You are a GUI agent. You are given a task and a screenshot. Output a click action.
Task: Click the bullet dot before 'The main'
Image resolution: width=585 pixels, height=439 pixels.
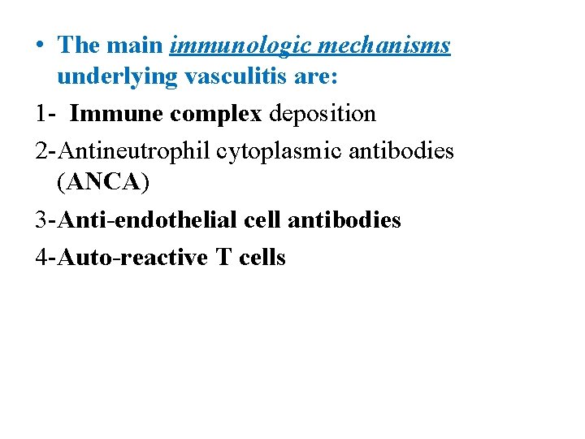[40, 44]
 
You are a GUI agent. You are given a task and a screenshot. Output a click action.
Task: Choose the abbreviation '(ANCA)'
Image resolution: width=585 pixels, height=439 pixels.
[104, 185]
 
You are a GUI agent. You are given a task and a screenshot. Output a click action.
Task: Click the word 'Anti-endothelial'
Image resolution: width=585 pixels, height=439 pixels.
[148, 220]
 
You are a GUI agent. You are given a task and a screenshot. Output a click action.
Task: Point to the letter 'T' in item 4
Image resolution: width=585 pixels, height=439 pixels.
[223, 258]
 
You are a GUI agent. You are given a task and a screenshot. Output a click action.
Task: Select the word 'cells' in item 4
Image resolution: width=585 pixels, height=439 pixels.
[262, 258]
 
